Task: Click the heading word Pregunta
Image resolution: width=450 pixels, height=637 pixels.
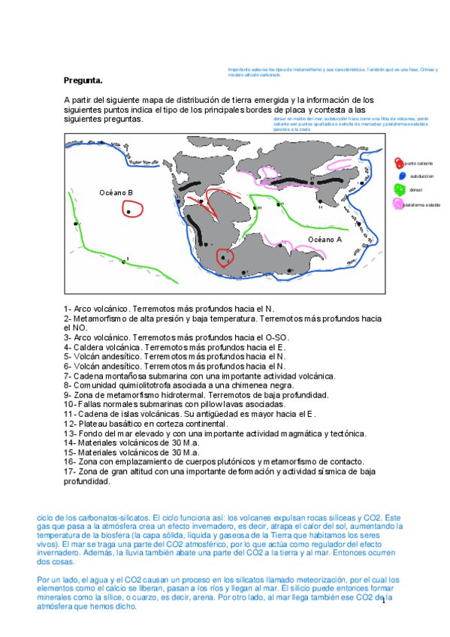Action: tap(83, 80)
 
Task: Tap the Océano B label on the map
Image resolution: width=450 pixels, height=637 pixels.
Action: tap(116, 193)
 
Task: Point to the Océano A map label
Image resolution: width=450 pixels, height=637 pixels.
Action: tap(325, 240)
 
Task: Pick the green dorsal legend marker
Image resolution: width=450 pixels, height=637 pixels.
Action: tap(399, 189)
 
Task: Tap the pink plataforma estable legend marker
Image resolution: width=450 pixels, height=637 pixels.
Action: tap(399, 204)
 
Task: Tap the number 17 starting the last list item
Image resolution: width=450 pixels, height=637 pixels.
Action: tap(69, 472)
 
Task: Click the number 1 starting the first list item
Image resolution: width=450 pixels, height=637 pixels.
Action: tap(66, 309)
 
